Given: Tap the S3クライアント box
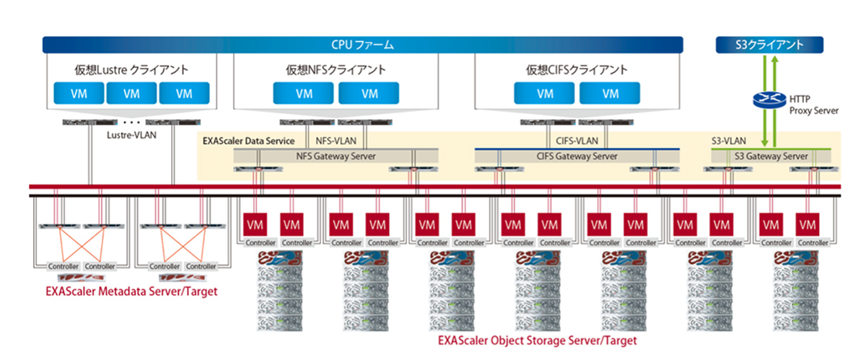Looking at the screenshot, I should tap(769, 45).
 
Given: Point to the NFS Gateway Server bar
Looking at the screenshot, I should tap(336, 156).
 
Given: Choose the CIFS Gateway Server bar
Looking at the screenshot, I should tap(577, 156).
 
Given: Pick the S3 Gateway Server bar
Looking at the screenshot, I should tap(771, 156).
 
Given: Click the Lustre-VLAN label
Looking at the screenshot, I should tap(130, 135).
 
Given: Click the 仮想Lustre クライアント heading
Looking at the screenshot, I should tap(131, 70).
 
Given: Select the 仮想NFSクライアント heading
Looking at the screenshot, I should tap(336, 70).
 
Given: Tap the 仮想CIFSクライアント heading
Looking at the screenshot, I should tap(577, 70).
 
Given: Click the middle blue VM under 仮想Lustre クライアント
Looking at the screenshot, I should tap(131, 93).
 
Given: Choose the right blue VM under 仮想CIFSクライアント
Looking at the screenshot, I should tap(611, 93).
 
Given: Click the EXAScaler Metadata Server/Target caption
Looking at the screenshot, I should tap(131, 292).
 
